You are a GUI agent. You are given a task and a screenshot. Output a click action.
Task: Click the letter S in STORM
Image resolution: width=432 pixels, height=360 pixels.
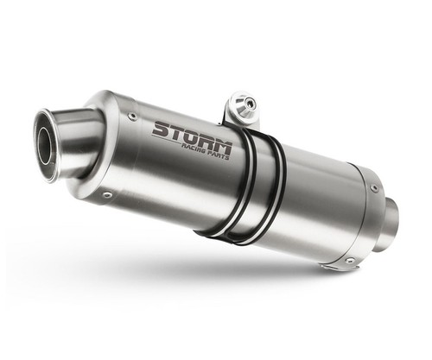coord(161,129)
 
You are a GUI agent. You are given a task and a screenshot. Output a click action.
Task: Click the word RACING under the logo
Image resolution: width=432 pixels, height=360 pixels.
coord(194,148)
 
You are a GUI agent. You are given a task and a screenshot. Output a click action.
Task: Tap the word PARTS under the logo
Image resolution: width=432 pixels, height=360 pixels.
coord(219,155)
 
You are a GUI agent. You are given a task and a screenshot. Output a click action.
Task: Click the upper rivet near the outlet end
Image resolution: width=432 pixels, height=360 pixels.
coord(132,116)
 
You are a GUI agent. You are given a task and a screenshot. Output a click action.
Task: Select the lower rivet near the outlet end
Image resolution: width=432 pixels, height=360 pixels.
coord(108,195)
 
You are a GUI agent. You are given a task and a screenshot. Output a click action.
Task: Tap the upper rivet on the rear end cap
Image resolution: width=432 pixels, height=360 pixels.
coord(375,187)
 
